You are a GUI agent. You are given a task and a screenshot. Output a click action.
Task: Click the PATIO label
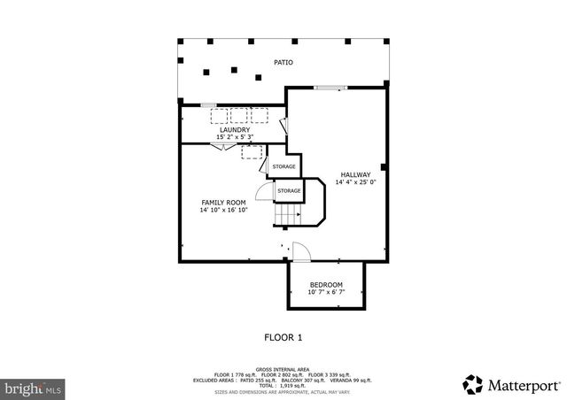(283, 63)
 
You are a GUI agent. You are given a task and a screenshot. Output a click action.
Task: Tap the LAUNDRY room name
(235, 130)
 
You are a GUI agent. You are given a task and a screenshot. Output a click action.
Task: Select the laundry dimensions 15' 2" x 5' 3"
(235, 137)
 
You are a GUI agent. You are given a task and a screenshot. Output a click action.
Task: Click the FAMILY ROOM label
(223, 203)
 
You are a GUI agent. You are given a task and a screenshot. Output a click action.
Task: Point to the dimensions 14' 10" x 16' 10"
(223, 211)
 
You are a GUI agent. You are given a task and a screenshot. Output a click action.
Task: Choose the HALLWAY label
(354, 174)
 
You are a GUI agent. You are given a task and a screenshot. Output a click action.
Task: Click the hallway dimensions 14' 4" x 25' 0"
(354, 182)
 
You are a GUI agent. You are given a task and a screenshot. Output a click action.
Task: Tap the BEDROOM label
(325, 284)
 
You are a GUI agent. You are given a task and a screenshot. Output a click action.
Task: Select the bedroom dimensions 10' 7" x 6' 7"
(325, 292)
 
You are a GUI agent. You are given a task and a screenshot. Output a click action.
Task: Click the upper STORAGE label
(283, 166)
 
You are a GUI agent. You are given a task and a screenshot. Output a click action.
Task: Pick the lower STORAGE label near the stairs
(289, 190)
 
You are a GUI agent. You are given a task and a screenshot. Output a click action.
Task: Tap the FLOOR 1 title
(283, 337)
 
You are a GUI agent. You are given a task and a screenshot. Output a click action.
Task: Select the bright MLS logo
(34, 388)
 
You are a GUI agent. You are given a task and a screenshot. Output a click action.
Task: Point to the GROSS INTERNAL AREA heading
(283, 369)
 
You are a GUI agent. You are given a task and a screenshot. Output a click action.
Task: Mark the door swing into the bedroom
(299, 251)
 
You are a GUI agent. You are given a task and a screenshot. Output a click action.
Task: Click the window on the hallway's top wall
(330, 87)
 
